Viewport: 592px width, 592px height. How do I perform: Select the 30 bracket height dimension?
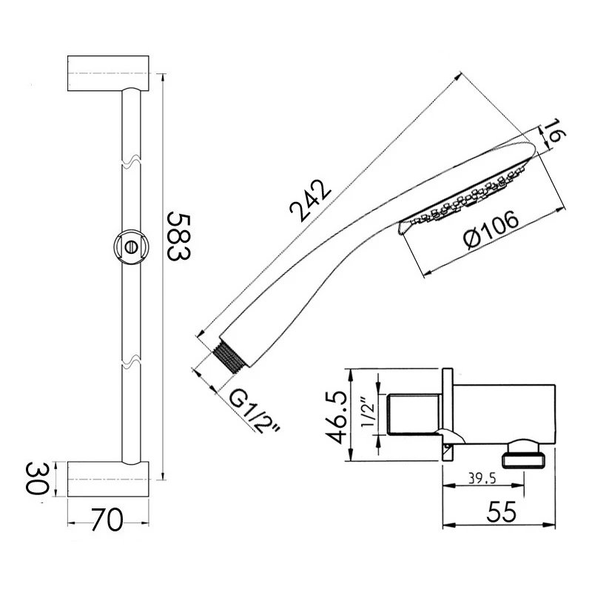click(x=36, y=479)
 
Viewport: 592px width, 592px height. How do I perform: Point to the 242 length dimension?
click(x=310, y=199)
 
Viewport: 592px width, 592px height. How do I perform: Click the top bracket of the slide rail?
click(x=110, y=73)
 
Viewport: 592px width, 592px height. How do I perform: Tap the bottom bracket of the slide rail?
click(x=110, y=480)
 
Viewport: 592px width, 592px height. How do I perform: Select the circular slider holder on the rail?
click(x=130, y=246)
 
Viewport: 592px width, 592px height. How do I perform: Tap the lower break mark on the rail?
click(x=129, y=363)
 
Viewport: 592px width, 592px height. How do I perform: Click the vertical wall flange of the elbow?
click(x=446, y=414)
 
